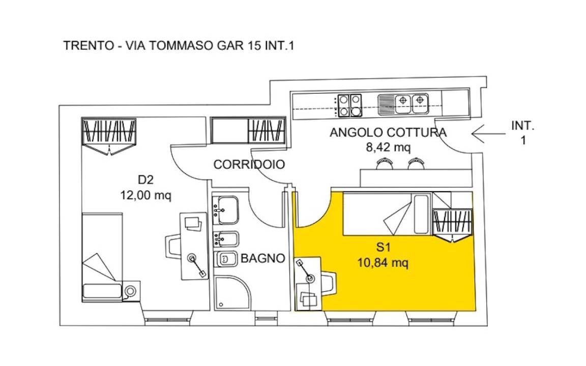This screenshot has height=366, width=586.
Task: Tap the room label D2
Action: point(146,180)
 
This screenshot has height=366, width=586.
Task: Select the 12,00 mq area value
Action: point(146,195)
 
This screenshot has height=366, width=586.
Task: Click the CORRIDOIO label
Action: point(249,164)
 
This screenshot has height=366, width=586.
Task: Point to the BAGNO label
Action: point(262,258)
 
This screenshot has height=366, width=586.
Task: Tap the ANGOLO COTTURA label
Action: point(388,133)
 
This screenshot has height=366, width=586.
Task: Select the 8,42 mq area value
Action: point(388,147)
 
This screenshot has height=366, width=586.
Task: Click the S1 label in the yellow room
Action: point(383,247)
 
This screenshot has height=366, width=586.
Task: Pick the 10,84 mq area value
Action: point(383,262)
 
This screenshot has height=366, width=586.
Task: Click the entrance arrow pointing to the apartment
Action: point(488,134)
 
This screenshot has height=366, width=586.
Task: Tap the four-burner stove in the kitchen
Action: point(349,105)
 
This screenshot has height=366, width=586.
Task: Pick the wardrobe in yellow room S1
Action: point(453,225)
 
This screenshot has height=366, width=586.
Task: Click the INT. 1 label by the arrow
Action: point(523,133)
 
